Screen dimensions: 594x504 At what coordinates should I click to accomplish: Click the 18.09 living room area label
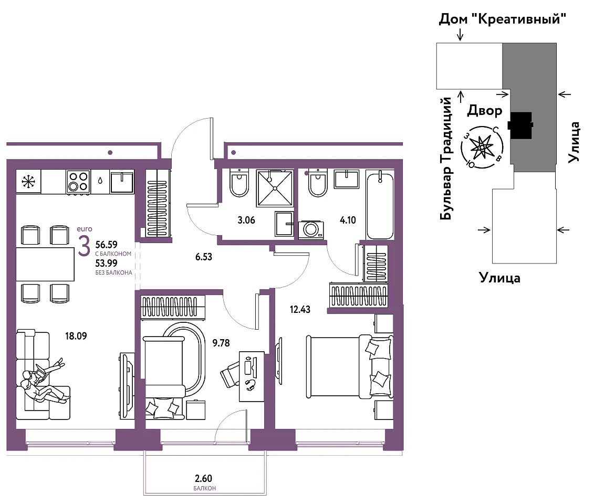(76, 336)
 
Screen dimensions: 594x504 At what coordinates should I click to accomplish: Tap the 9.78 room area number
(221, 343)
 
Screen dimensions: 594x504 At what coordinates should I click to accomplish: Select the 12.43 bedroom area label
(300, 310)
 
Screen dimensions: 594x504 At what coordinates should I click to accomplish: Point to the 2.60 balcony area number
(203, 479)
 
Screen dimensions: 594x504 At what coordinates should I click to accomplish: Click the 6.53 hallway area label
(203, 257)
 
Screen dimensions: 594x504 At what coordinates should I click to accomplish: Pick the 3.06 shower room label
(246, 220)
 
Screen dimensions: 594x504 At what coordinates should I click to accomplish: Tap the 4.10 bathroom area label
(348, 220)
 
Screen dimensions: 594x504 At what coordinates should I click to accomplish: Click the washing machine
(311, 229)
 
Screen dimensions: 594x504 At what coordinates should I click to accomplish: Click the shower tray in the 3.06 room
(275, 188)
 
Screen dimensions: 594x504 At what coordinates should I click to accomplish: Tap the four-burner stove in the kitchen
(78, 182)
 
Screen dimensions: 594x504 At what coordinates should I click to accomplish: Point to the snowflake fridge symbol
(28, 181)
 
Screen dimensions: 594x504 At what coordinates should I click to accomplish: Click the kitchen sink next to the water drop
(122, 182)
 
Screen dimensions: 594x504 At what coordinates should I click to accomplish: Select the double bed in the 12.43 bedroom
(349, 366)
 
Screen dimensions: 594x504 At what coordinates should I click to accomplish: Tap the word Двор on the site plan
(485, 111)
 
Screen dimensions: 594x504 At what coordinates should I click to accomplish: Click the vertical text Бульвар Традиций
(446, 158)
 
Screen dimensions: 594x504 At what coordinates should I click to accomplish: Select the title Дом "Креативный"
(502, 18)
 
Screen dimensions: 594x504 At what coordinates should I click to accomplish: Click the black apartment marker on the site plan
(521, 125)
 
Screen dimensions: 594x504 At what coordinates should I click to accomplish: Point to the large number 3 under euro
(84, 246)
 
